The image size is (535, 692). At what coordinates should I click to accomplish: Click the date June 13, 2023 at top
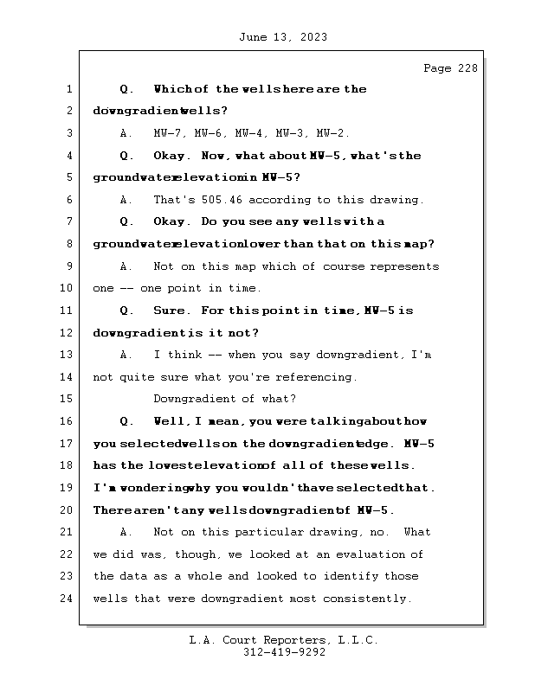click(281, 37)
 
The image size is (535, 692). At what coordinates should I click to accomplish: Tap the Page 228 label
click(450, 69)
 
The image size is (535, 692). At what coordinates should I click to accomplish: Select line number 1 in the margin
click(68, 89)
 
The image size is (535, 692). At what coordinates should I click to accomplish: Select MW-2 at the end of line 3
click(332, 134)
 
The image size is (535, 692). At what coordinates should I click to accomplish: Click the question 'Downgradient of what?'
click(225, 399)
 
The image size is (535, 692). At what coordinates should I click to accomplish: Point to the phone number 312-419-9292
click(284, 654)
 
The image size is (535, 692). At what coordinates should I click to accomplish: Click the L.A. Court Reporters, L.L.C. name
click(284, 641)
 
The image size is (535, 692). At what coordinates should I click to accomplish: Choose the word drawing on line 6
click(396, 200)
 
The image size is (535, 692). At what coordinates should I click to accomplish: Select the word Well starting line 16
click(170, 421)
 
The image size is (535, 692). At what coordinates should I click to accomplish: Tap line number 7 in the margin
click(68, 222)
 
